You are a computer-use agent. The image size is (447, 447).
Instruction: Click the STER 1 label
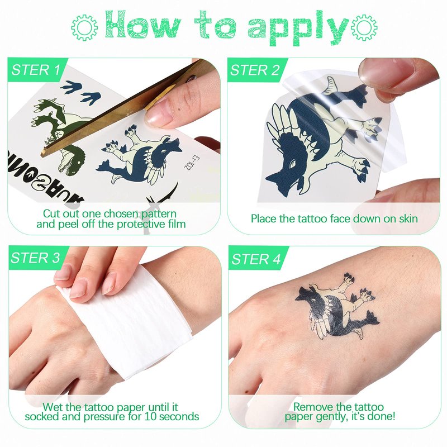pos(36,70)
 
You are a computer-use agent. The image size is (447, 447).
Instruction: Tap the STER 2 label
pos(255,70)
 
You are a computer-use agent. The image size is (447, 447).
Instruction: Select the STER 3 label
pos(36,258)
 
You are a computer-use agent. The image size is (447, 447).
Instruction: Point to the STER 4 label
pos(256,259)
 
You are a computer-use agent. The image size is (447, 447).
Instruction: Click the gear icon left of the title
pos(84,27)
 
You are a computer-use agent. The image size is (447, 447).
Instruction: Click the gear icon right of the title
pos(364,27)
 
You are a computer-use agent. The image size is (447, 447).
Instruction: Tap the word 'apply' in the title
pos(298,28)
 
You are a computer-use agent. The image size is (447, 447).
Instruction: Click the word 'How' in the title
pos(143,25)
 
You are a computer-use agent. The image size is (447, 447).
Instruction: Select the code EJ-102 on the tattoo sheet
pos(193,162)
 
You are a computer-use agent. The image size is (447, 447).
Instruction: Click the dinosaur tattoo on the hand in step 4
pos(337,307)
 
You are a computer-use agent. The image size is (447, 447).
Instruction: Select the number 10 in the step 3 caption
pos(150,416)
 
